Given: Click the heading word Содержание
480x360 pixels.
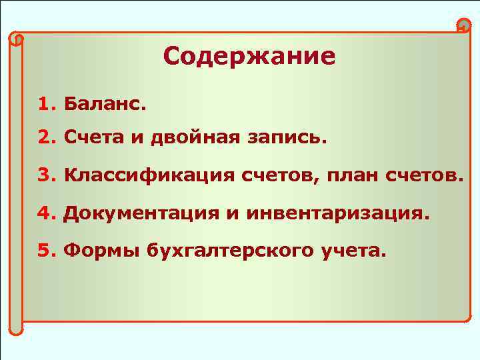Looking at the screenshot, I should click(x=249, y=56).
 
